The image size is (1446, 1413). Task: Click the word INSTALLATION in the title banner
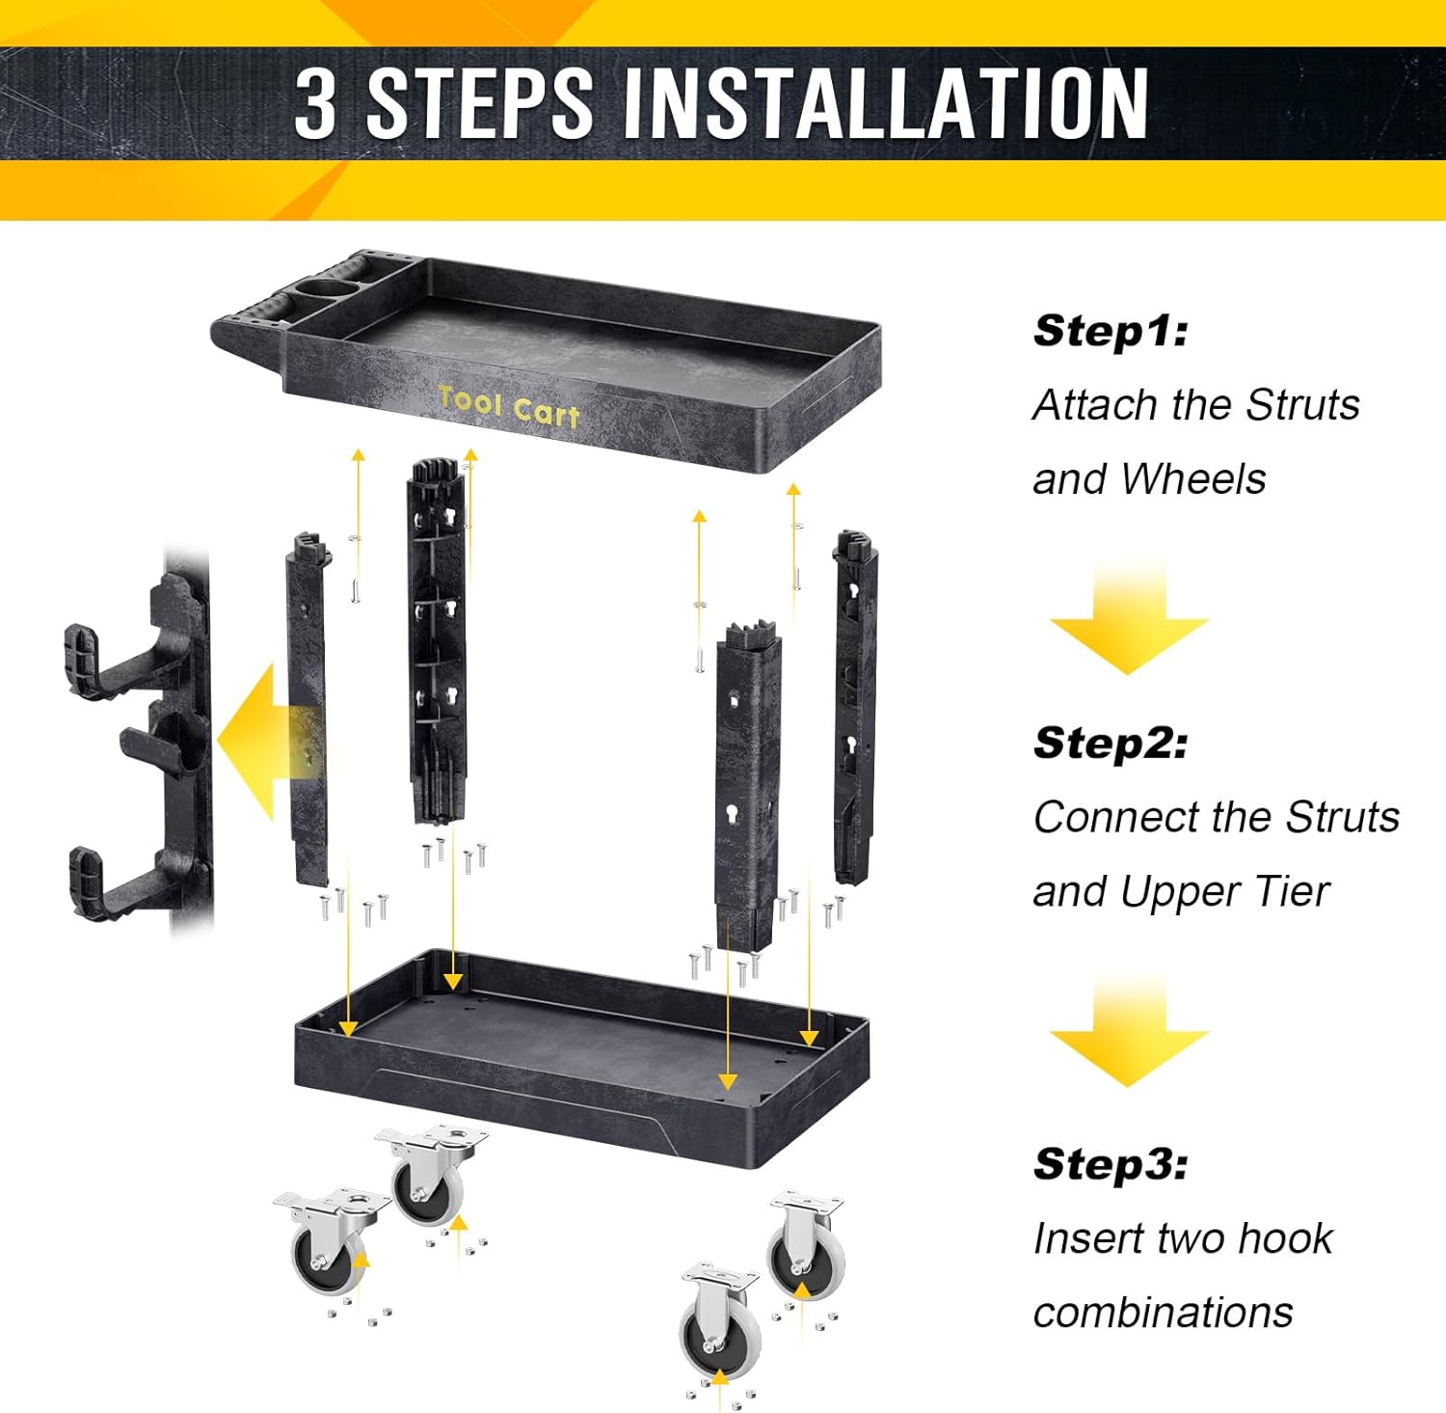click(886, 103)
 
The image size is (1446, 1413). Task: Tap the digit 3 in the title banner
click(315, 103)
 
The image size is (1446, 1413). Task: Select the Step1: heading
click(1111, 331)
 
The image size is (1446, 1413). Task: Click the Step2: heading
click(1111, 743)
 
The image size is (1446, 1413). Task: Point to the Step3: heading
click(1111, 1164)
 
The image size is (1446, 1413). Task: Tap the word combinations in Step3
click(1163, 1313)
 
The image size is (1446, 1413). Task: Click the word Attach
click(1094, 405)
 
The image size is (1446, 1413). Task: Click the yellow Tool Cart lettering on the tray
click(509, 406)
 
